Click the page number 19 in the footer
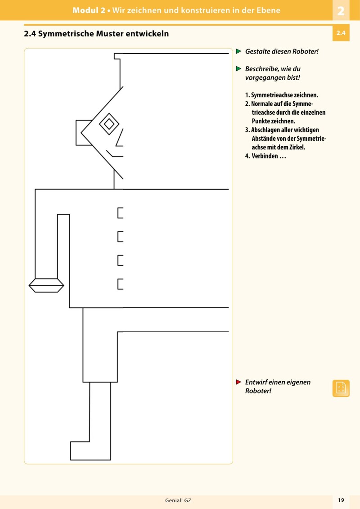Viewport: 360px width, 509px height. point(341,500)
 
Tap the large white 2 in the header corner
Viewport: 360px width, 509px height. point(341,11)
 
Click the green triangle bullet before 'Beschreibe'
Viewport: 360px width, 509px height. point(239,69)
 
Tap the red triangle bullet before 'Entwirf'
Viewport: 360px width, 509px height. point(239,382)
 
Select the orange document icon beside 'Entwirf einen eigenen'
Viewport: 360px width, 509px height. point(341,388)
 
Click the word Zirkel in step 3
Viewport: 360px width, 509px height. point(295,147)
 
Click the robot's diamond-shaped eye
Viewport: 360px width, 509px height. point(109,124)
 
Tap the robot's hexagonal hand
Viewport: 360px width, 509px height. point(46,285)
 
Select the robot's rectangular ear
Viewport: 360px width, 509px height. point(84,133)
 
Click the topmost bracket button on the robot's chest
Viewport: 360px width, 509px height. point(120,212)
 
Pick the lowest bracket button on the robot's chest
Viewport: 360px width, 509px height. point(120,284)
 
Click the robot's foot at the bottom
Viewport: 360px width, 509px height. point(90,451)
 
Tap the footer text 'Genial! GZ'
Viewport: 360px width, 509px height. point(178,500)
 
